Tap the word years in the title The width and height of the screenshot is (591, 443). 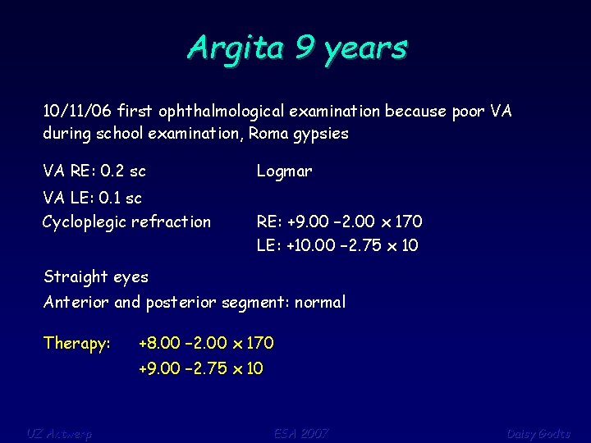pos(365,48)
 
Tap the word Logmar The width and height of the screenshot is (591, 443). pos(284,171)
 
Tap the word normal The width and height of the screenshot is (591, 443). pos(322,302)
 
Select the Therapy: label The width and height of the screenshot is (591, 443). pos(77,343)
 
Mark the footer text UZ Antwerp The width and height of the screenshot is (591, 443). pos(58,433)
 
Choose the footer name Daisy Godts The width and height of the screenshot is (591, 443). pos(538,433)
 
